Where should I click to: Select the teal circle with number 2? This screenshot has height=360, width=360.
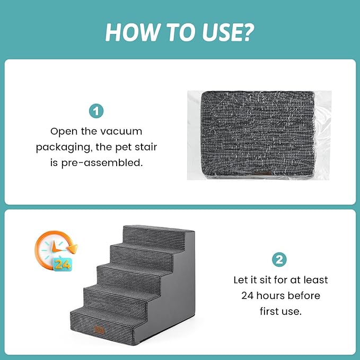coord(279,259)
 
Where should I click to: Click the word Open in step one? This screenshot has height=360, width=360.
coord(64,131)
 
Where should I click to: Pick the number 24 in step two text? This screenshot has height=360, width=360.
coord(251,295)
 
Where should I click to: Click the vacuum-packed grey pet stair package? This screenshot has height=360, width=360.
coord(259,135)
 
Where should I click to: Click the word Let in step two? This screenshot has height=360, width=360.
coord(242,279)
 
